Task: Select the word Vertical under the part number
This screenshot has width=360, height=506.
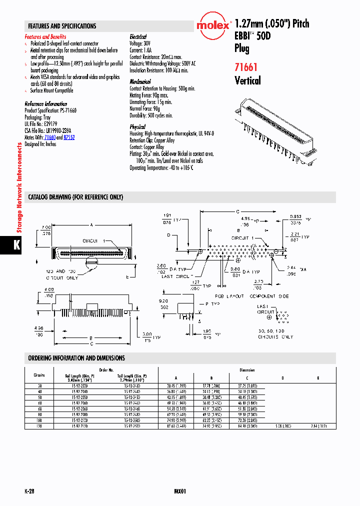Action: [x=247, y=80]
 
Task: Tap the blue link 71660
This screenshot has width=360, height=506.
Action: [x=50, y=137]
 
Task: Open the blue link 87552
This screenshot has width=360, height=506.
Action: [x=69, y=137]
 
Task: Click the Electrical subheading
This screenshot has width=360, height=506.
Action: [x=138, y=37]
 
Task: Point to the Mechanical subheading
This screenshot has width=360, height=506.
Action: [x=140, y=81]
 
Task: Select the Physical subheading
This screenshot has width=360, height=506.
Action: [x=137, y=127]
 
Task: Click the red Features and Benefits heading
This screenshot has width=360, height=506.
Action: [x=45, y=37]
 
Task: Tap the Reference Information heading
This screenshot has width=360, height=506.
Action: [x=46, y=104]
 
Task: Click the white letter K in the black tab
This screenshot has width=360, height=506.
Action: [x=16, y=245]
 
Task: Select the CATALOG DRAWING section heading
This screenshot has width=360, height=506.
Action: [x=75, y=197]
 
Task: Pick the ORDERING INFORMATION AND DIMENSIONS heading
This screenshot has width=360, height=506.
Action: [x=76, y=358]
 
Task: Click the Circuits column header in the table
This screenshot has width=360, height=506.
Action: [x=39, y=375]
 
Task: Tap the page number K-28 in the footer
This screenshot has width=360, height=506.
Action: [x=30, y=491]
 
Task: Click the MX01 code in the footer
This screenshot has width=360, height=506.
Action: [x=180, y=491]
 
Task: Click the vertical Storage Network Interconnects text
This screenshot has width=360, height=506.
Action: [x=19, y=187]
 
